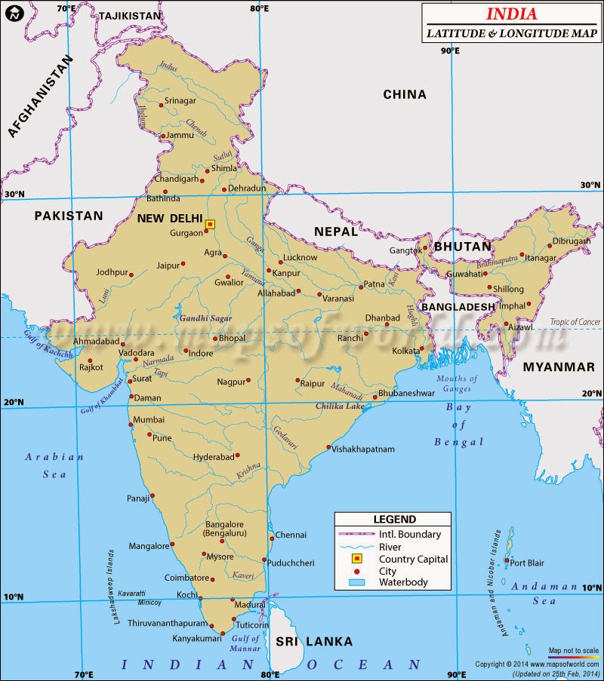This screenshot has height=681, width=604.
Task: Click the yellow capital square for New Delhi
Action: pyautogui.click(x=210, y=224)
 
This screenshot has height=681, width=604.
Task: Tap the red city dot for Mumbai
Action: pyautogui.click(x=130, y=429)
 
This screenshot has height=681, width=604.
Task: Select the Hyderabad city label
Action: pyautogui.click(x=214, y=457)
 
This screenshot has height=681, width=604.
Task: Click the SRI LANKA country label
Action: pyautogui.click(x=313, y=642)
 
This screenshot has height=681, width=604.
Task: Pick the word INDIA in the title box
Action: pyautogui.click(x=511, y=14)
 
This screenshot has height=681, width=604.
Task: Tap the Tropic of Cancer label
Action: pyautogui.click(x=575, y=322)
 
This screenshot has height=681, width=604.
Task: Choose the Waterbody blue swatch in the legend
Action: pyautogui.click(x=356, y=582)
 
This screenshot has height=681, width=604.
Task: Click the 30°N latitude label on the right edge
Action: pyautogui.click(x=590, y=185)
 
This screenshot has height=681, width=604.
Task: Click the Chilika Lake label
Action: pyautogui.click(x=339, y=406)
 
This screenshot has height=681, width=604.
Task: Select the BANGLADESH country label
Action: pyautogui.click(x=458, y=307)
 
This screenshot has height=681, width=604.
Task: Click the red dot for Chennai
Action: pyautogui.click(x=271, y=537)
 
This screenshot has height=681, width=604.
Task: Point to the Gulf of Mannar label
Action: pyautogui.click(x=244, y=643)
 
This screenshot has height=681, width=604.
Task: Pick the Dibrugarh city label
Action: pyautogui.click(x=572, y=241)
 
